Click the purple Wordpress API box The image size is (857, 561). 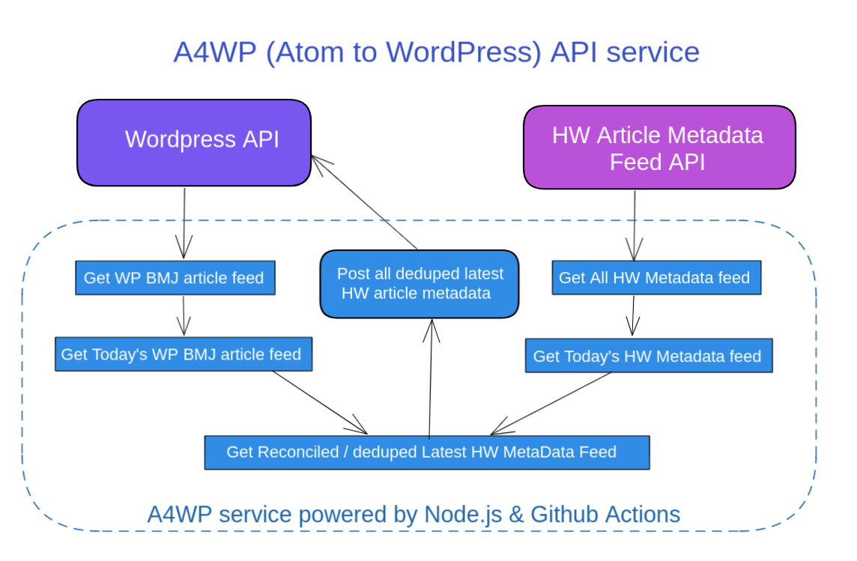click(194, 142)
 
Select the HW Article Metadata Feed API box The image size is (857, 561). click(658, 147)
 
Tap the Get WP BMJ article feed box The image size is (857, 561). click(174, 278)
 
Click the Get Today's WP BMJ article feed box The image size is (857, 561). click(182, 354)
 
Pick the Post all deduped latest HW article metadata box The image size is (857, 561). click(420, 284)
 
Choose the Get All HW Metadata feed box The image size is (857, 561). click(655, 278)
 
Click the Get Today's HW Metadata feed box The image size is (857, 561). click(648, 357)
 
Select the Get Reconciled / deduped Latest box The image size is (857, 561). click(426, 452)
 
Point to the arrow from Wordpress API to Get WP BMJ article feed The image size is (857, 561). click(184, 221)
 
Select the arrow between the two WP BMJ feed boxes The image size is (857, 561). click(183, 314)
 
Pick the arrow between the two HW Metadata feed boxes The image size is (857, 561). click(633, 315)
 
